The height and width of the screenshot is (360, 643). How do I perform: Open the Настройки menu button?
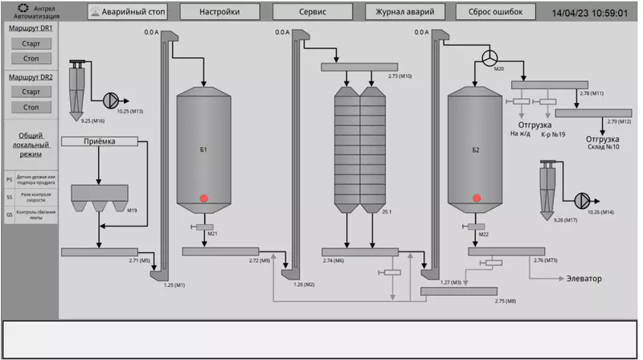(220, 12)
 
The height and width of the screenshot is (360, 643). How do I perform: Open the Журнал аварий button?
(404, 12)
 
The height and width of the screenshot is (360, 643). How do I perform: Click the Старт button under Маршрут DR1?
(31, 43)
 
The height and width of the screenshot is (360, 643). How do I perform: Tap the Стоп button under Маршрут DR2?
(31, 107)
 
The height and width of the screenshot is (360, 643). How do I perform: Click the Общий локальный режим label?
(31, 145)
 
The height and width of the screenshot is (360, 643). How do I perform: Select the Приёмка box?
(100, 142)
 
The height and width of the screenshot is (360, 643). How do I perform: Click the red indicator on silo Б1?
(204, 198)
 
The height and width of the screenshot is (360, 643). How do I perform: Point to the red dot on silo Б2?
(477, 198)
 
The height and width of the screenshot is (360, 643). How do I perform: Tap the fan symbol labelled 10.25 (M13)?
(110, 99)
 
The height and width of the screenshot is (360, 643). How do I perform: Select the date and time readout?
(589, 13)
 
